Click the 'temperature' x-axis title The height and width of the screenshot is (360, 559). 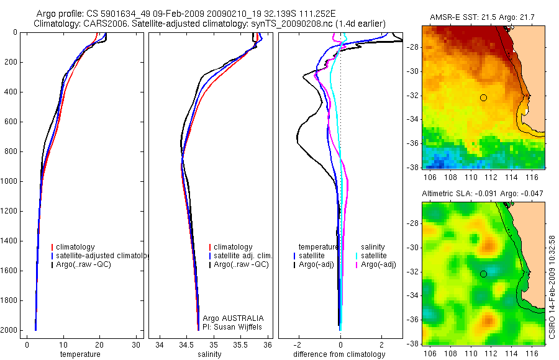tap(80, 354)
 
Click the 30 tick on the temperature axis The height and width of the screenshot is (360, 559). tap(135, 344)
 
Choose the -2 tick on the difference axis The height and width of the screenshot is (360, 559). tap(299, 344)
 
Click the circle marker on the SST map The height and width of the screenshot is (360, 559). tap(483, 97)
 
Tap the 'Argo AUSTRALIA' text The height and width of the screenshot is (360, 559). tap(229, 318)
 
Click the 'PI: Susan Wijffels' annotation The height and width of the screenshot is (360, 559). tap(229, 326)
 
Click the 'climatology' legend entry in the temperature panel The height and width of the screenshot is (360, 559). tap(78, 247)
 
